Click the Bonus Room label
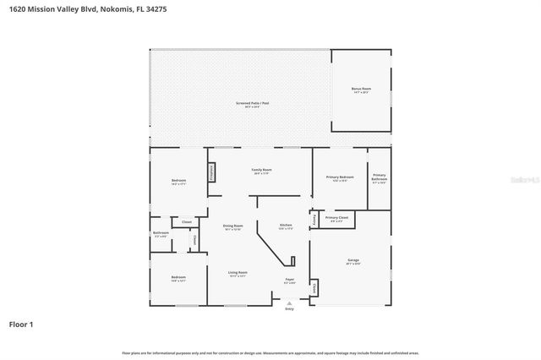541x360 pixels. [x=361, y=89]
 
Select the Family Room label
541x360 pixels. [x=261, y=170]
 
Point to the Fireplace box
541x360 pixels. [x=211, y=171]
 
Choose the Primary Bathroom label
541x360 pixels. [x=380, y=177]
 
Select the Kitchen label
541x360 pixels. [x=286, y=226]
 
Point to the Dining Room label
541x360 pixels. [x=232, y=226]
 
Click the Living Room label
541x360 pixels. [x=238, y=273]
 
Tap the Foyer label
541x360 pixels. [x=289, y=280]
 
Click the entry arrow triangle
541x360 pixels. [x=289, y=303]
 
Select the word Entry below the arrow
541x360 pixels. [x=289, y=309]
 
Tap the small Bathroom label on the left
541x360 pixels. [x=161, y=233]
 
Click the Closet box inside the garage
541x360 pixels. [x=314, y=289]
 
